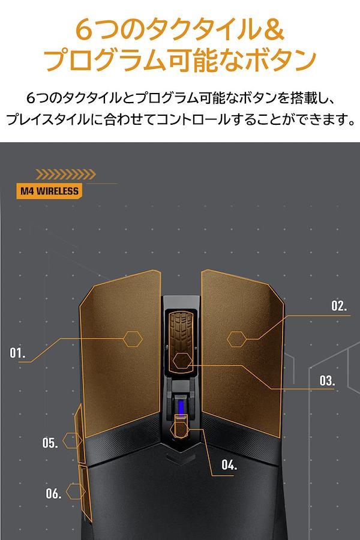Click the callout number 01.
tap(17, 353)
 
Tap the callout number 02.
tap(340, 306)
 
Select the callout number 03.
tap(327, 380)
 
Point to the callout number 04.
tap(229, 465)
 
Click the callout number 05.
tap(50, 443)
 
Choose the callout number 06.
tap(54, 494)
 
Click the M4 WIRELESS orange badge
tap(49, 191)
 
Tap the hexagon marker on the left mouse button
tap(133, 339)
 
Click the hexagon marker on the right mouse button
tap(236, 339)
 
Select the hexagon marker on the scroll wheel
tap(182, 361)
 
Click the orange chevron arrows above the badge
tap(66, 175)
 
